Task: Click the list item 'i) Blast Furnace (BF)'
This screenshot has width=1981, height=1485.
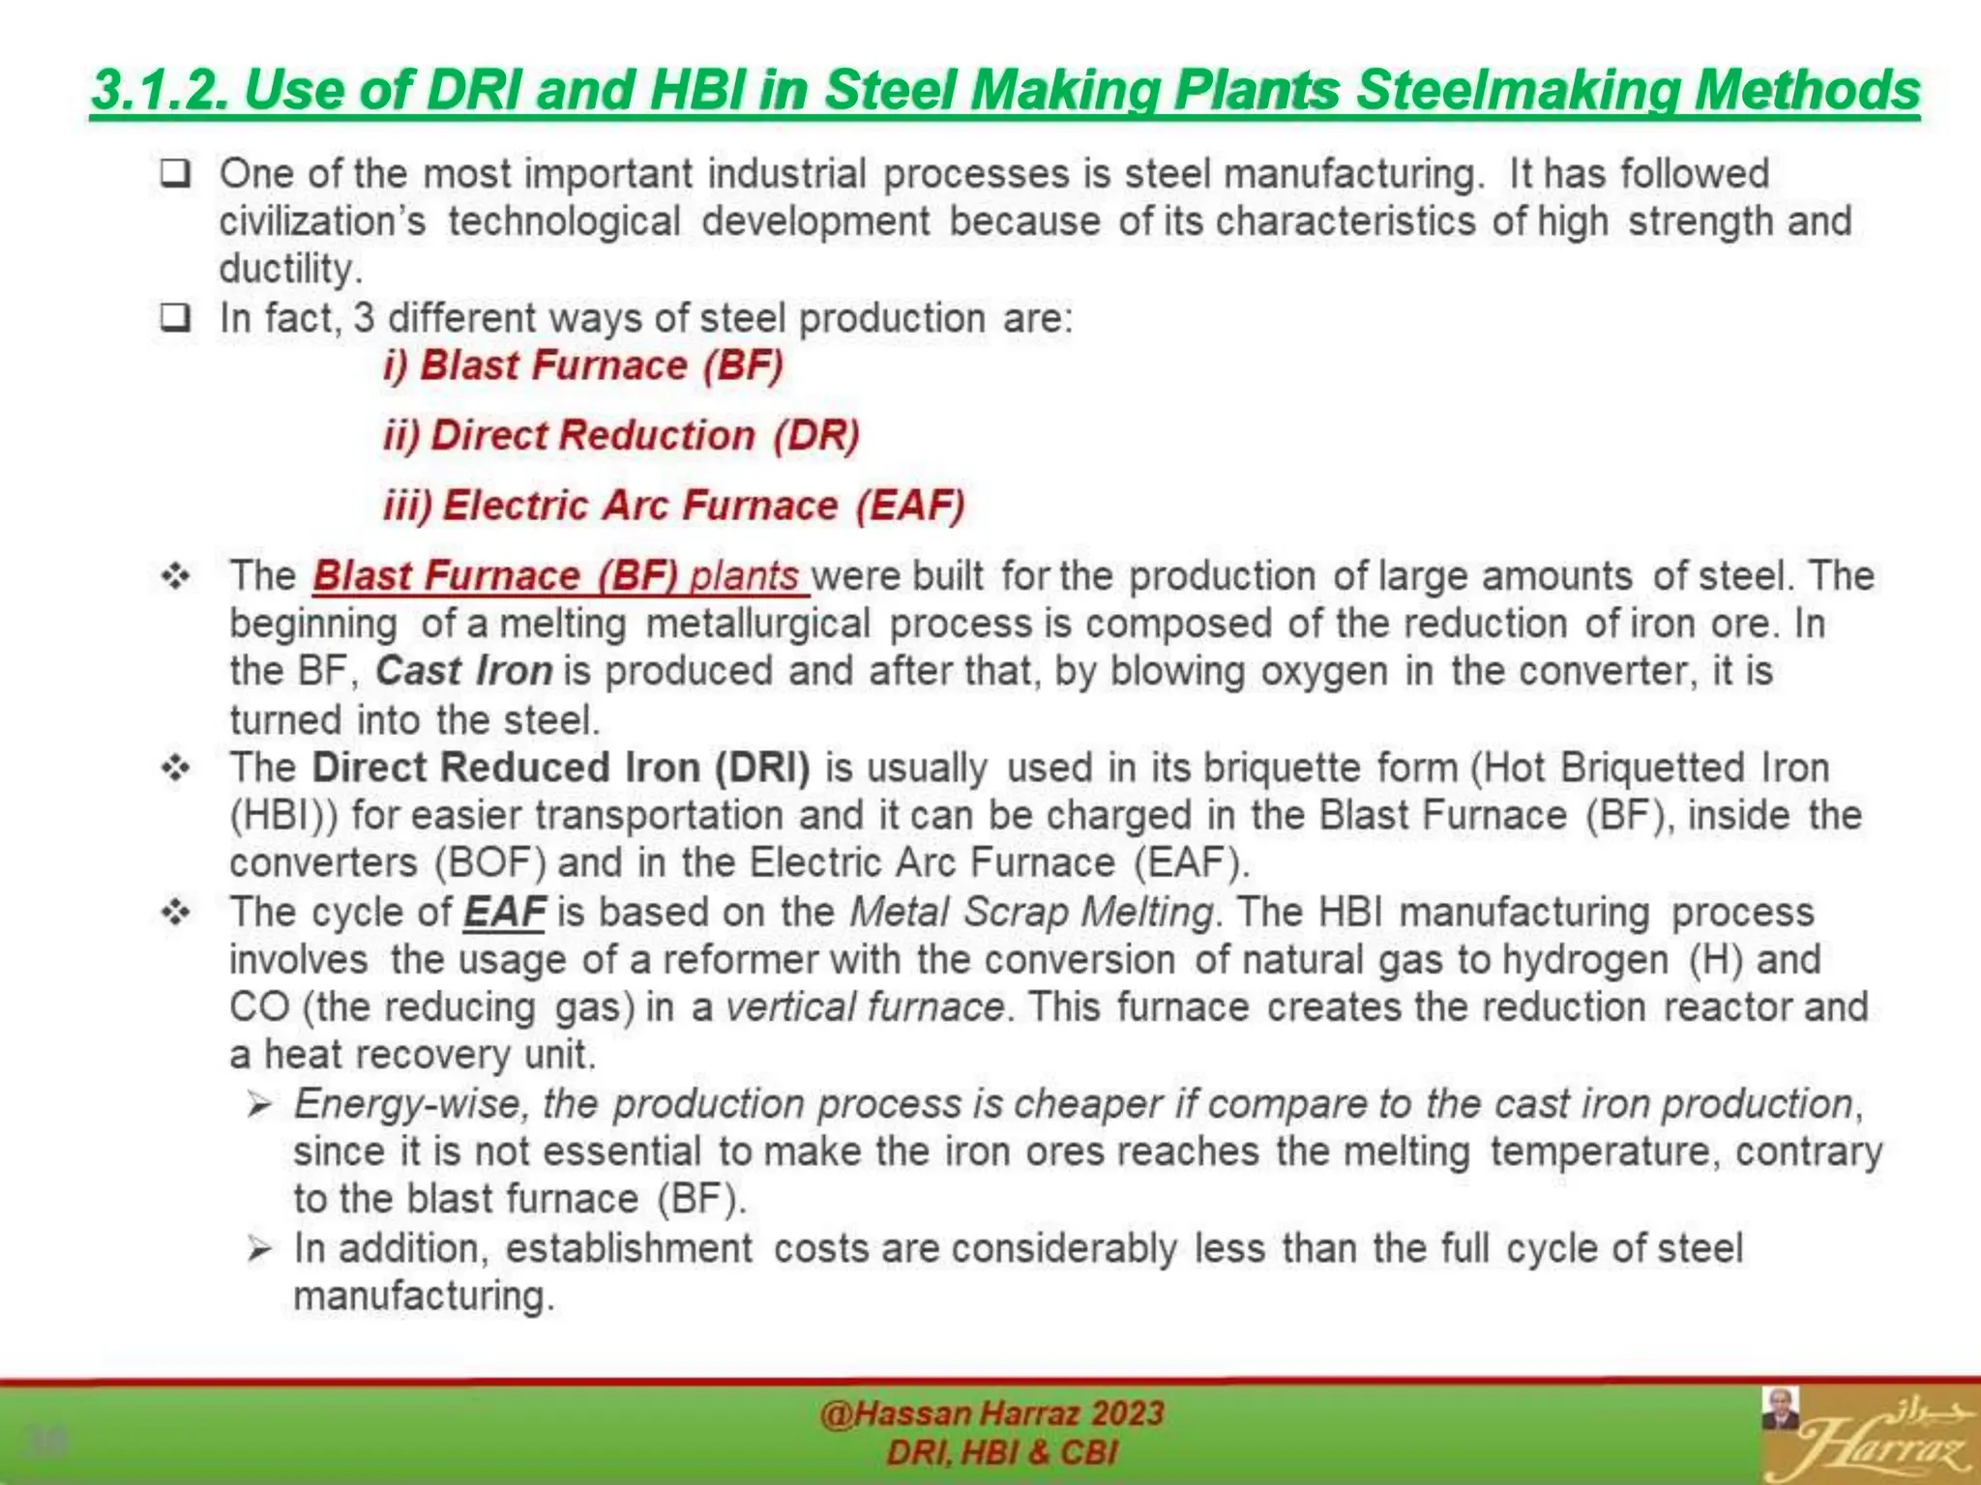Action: (x=583, y=366)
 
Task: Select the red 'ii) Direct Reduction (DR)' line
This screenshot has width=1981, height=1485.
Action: (x=621, y=436)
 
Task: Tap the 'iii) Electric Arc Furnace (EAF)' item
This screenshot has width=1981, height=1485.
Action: (x=674, y=506)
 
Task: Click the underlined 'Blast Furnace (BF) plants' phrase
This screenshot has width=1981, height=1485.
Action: (x=559, y=576)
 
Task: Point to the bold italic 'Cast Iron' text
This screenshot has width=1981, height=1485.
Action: (x=463, y=671)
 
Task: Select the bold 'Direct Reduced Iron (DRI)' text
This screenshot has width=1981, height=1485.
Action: (x=561, y=768)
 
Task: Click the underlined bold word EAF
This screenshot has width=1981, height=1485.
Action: (x=504, y=912)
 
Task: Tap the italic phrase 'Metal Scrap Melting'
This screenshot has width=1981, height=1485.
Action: (x=1031, y=912)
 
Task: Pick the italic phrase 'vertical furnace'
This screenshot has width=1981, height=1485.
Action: (x=865, y=1007)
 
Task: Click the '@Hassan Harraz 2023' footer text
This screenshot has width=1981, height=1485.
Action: (x=991, y=1414)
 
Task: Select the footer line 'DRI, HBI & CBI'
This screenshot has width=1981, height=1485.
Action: (x=1001, y=1453)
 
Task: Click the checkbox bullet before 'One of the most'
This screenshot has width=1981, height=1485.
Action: (x=175, y=175)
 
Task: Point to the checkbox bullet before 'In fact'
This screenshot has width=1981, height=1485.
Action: (x=175, y=318)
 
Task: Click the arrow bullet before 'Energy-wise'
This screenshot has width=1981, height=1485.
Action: (x=258, y=1104)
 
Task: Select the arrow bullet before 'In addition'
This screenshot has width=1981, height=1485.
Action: (x=258, y=1249)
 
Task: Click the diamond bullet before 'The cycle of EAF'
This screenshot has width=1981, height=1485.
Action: (x=176, y=912)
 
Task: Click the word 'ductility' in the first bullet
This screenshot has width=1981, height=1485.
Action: (x=288, y=269)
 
